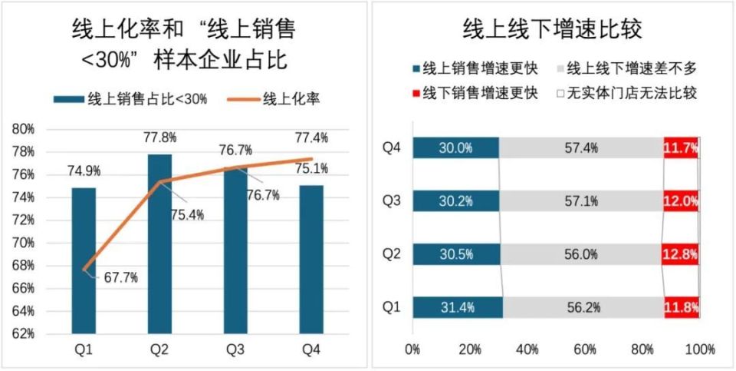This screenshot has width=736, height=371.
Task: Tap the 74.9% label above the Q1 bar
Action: pos(84,171)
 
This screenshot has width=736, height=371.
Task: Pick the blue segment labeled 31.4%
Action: pos(458,307)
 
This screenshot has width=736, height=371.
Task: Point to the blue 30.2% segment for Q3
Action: pos(455,201)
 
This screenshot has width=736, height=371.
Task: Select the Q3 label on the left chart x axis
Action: pos(235,350)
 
